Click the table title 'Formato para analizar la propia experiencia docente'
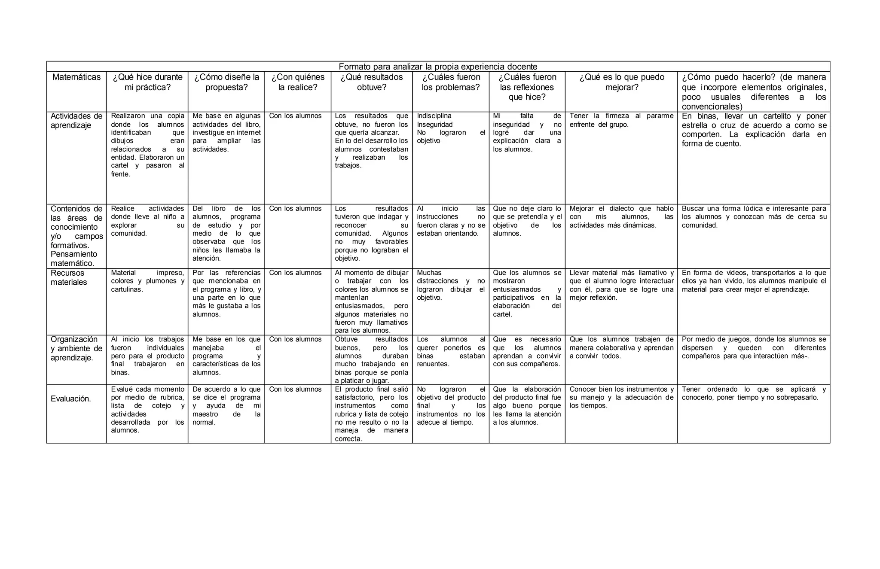click(438, 67)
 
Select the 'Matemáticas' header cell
click(76, 77)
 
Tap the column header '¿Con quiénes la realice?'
click(298, 82)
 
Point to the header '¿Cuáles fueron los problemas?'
click(451, 82)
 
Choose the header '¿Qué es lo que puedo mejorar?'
click(621, 82)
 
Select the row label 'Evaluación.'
click(71, 399)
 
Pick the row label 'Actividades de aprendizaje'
click(76, 121)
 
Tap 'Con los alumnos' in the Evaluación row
click(295, 389)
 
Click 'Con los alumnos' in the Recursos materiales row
click(295, 273)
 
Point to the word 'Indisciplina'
click(434, 116)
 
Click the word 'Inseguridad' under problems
click(434, 125)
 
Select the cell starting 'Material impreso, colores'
click(147, 281)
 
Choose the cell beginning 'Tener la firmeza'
click(621, 120)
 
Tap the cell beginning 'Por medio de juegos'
click(754, 347)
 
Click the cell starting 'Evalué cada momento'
click(147, 410)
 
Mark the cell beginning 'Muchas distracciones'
click(451, 285)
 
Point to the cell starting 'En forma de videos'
click(754, 281)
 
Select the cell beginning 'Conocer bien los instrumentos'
click(621, 397)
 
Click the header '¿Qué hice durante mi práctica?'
click(147, 82)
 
